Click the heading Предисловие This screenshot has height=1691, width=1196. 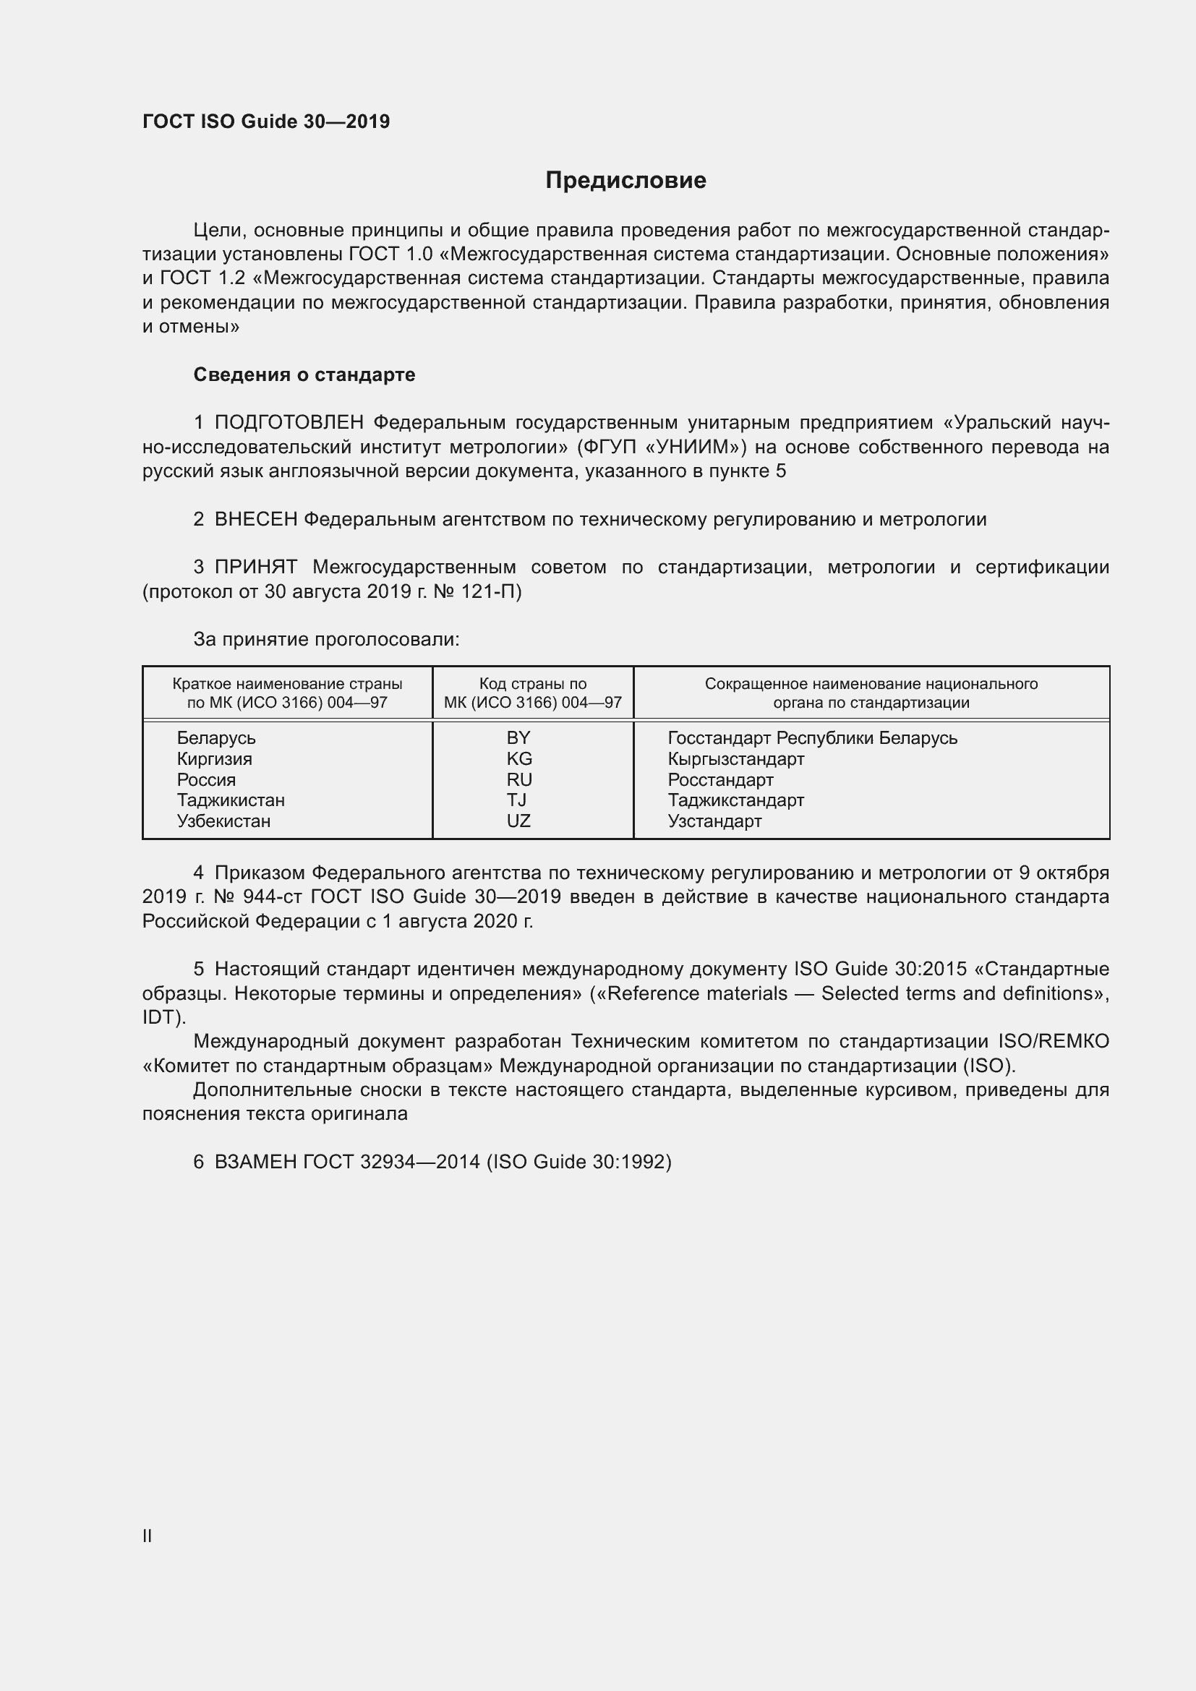625,181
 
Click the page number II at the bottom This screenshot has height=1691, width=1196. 148,1536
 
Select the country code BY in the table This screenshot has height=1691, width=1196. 518,738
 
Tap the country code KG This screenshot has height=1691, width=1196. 519,758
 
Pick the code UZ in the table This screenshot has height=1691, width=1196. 518,821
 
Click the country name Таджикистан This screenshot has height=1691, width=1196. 231,800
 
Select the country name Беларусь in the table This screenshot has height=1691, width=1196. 215,738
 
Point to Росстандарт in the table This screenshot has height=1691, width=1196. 720,780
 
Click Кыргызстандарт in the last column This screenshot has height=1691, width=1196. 735,758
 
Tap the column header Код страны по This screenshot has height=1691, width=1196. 532,684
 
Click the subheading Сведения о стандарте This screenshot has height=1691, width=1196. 304,375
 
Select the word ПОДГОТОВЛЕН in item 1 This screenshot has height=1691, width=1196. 289,423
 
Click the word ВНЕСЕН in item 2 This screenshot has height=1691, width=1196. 255,519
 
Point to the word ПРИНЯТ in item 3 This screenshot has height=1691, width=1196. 255,567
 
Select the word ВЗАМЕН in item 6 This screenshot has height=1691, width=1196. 255,1163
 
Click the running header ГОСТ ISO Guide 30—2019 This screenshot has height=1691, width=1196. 266,121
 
